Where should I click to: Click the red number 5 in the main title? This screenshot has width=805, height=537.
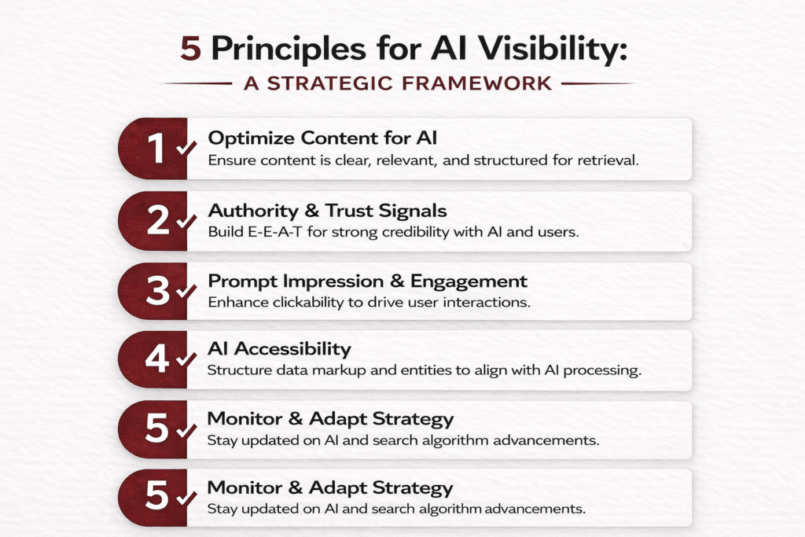coord(190,49)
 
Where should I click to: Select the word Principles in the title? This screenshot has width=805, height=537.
coord(289,50)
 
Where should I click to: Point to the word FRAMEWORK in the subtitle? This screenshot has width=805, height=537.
coord(477,83)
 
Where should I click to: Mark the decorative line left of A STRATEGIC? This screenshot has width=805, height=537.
coord(197,83)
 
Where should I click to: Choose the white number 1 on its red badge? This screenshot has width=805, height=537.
coord(156,149)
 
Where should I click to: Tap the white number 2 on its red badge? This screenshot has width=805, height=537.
coord(157,220)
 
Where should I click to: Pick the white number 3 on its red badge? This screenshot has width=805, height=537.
coord(157,291)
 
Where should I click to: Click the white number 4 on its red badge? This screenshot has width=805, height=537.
coord(157,359)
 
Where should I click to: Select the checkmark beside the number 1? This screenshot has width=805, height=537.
coord(186,148)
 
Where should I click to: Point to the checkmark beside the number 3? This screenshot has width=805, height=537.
coord(186,291)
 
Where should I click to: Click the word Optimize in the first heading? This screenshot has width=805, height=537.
coord(251,138)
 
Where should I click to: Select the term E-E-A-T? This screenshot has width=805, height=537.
coord(275,232)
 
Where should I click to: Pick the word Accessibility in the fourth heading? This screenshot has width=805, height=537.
coord(292,349)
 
